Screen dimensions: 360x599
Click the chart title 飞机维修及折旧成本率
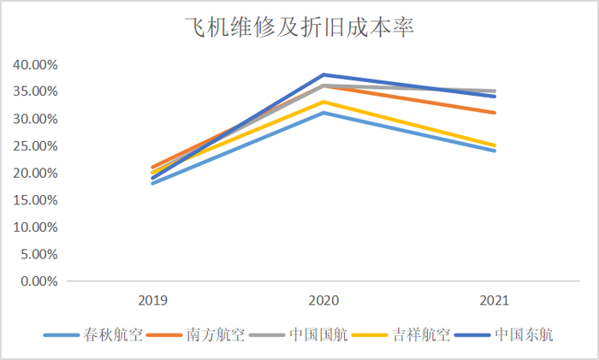coord(299,27)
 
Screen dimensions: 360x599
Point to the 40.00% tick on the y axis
coord(34,64)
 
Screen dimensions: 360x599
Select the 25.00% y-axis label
coord(34,145)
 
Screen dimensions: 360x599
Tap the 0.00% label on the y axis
coord(38,281)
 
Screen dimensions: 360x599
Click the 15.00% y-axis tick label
coord(34,200)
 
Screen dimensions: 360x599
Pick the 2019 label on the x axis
coord(152,301)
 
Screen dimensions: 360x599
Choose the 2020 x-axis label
coord(323,301)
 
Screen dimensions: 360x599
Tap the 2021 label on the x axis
coord(494,301)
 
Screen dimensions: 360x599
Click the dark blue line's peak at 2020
coord(323,74)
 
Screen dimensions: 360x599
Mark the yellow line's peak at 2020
coord(323,102)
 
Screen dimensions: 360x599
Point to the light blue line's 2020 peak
coord(323,112)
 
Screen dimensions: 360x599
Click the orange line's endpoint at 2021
coord(494,112)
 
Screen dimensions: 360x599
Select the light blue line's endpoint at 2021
coord(494,150)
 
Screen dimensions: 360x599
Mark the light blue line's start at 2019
coord(152,183)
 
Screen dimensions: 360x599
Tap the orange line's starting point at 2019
coord(152,167)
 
